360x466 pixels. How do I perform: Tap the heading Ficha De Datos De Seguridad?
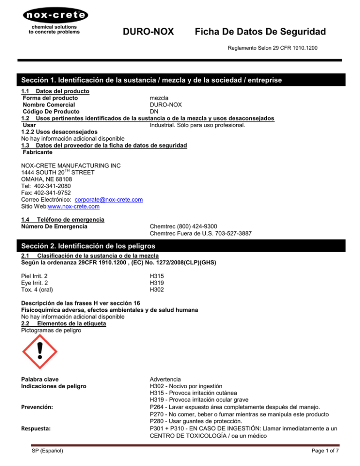pyautogui.click(x=260, y=32)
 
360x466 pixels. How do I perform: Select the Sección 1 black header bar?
pyautogui.click(x=180, y=80)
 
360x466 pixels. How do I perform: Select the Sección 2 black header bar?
pyautogui.click(x=180, y=246)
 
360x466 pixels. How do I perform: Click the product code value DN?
pyautogui.click(x=154, y=112)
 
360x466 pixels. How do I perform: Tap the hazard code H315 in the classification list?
pyautogui.click(x=157, y=276)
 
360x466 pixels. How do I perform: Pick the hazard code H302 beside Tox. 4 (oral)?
pyautogui.click(x=157, y=289)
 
